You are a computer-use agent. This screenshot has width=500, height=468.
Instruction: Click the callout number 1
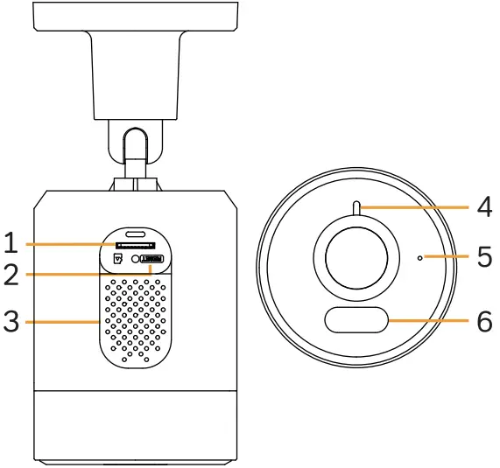pyautogui.click(x=12, y=242)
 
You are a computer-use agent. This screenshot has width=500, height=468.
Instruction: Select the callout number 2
pyautogui.click(x=12, y=275)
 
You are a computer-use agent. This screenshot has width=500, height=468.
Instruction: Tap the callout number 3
pyautogui.click(x=12, y=322)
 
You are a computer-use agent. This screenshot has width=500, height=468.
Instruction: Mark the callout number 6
pyautogui.click(x=484, y=321)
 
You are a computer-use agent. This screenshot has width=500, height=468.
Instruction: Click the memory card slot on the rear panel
pyautogui.click(x=135, y=247)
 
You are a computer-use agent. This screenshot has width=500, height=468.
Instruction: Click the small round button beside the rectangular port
pyautogui.click(x=137, y=259)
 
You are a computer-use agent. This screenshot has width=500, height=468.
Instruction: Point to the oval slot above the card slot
pyautogui.click(x=136, y=234)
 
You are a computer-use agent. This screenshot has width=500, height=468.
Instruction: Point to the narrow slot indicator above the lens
pyautogui.click(x=357, y=207)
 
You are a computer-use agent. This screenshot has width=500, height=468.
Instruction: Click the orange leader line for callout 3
pyautogui.click(x=61, y=322)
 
